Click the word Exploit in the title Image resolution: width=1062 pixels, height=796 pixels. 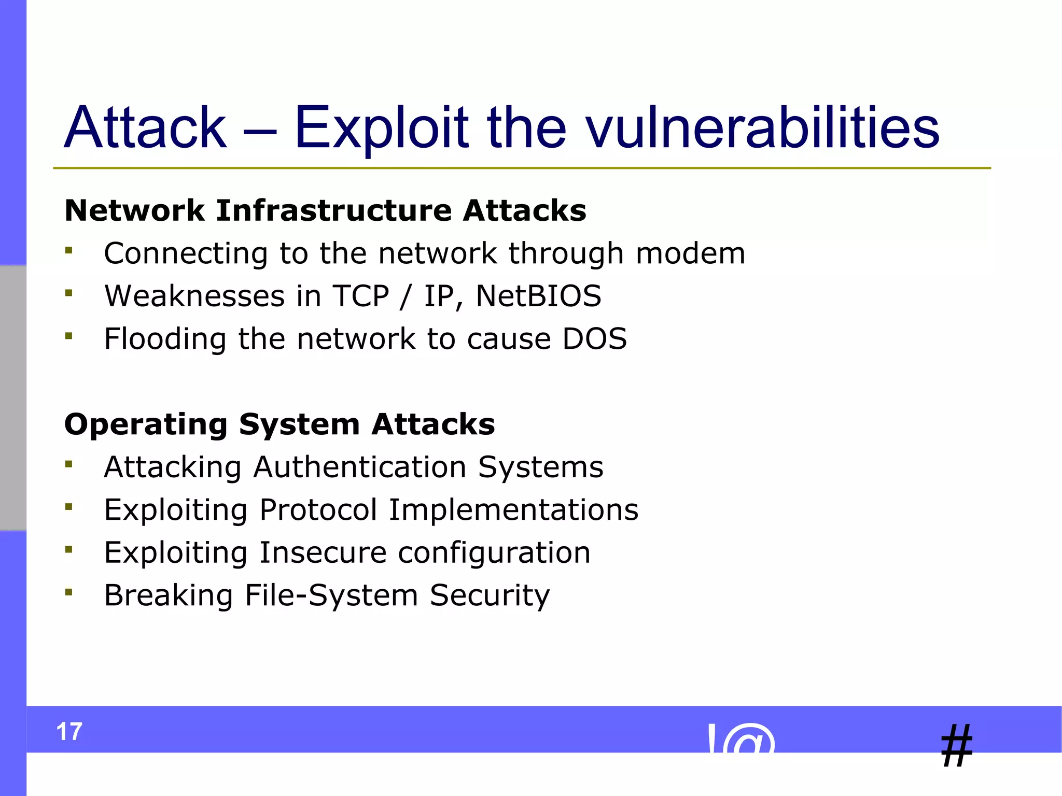point(381,128)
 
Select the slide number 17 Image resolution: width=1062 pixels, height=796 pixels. point(69,731)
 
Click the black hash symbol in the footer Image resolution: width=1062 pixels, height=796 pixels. point(957,746)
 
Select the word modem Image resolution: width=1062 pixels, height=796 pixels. point(690,253)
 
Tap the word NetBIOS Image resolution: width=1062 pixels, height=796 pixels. point(538,296)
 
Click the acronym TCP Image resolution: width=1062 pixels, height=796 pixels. point(360,296)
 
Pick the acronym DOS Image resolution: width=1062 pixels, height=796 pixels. point(595,339)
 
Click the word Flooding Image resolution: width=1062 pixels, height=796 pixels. point(165,340)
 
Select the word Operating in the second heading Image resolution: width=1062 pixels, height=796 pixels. point(146,425)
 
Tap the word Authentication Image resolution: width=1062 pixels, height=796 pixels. point(359,467)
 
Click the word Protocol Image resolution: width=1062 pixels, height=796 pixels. point(318,510)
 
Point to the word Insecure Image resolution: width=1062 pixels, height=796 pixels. point(323,552)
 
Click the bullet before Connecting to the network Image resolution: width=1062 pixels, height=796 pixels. point(69,251)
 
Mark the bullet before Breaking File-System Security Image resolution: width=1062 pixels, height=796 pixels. point(69,592)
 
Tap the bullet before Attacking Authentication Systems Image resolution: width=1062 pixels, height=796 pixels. point(69,464)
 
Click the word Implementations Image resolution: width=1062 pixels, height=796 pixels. point(513,510)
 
